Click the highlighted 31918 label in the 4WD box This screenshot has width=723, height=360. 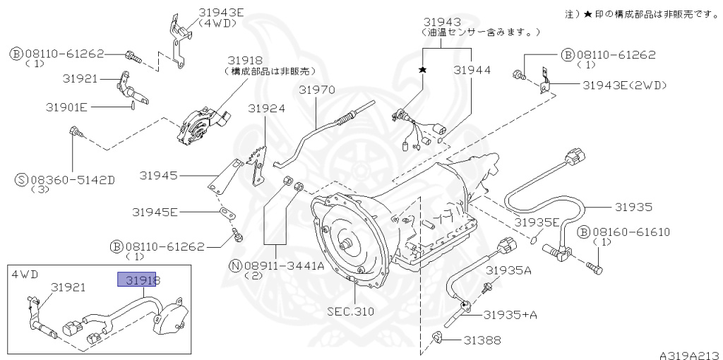tap(139, 280)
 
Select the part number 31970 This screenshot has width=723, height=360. tap(316, 90)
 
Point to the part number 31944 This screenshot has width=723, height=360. tap(472, 71)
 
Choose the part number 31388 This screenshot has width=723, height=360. tap(482, 340)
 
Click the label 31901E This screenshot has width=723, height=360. tap(66, 107)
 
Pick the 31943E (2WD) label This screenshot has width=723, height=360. tap(624, 85)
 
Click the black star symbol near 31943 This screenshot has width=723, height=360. tap(423, 70)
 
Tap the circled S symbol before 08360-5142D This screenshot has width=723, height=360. tap(21, 179)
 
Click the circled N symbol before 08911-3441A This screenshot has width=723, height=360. tap(234, 265)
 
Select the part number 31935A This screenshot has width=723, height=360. tap(508, 270)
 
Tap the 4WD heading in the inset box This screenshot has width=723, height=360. tap(24, 272)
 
